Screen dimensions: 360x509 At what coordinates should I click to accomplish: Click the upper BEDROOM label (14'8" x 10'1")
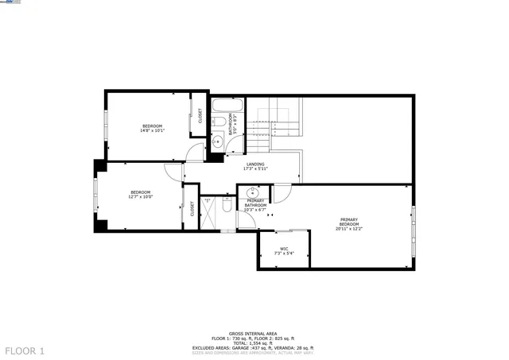click(x=152, y=129)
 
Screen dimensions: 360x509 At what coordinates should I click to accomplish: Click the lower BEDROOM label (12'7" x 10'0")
click(x=141, y=194)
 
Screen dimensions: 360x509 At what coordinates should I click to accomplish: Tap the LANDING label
click(x=255, y=166)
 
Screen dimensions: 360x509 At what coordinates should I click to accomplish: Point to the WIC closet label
click(x=284, y=251)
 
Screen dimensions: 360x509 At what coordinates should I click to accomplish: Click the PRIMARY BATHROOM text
click(x=255, y=205)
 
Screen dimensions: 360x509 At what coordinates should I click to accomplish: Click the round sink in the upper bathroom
click(x=217, y=141)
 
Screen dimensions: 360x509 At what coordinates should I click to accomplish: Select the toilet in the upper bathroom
click(x=216, y=122)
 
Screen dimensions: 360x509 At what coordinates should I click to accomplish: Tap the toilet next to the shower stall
click(x=227, y=208)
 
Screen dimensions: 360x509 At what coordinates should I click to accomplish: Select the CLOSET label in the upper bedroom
click(x=200, y=116)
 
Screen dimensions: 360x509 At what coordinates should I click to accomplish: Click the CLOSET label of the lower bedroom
click(x=192, y=208)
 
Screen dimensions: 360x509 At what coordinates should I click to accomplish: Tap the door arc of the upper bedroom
click(x=195, y=153)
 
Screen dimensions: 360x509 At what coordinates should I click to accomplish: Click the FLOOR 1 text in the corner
click(x=25, y=350)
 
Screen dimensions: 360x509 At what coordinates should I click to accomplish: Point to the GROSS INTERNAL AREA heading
click(x=253, y=333)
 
